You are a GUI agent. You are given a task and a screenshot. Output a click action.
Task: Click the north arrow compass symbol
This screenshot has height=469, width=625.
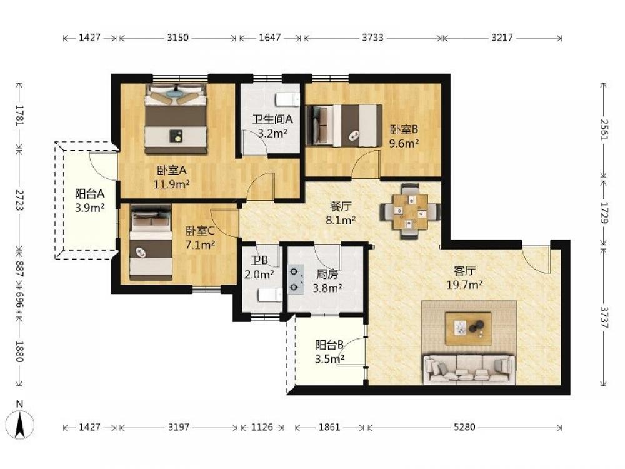click(20, 423)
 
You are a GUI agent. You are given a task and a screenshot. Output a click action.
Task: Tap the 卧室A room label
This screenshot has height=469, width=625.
click(172, 171)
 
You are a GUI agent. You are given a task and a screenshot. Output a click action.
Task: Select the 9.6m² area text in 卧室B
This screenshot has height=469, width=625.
click(404, 143)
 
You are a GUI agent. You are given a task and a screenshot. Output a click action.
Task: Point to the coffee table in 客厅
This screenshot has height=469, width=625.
click(468, 328)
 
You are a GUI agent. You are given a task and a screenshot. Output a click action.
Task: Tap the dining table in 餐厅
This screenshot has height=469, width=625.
click(410, 211)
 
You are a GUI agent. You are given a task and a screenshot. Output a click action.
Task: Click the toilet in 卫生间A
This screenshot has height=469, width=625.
click(287, 99)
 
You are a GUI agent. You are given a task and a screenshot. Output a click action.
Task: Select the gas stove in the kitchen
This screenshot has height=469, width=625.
click(296, 279)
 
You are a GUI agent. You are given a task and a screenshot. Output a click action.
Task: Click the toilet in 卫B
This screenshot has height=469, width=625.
click(270, 295)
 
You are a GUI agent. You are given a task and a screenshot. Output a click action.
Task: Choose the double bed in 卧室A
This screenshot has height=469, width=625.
click(176, 118)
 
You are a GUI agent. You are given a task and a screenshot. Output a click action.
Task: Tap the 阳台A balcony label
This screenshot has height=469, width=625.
click(89, 194)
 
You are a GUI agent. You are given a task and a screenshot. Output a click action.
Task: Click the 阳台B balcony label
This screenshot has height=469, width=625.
click(329, 345)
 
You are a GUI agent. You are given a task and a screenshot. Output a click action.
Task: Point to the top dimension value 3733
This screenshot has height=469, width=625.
click(372, 38)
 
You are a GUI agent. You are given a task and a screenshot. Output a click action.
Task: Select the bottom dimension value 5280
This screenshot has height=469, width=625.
click(464, 427)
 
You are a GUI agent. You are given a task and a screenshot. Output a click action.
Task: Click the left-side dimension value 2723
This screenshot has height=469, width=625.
click(19, 200)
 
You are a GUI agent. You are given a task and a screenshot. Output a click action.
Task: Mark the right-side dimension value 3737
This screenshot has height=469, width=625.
click(604, 317)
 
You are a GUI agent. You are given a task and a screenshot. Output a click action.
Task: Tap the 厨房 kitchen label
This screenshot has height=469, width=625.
click(327, 274)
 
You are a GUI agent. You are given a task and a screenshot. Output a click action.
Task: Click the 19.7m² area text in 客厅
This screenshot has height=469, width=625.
click(465, 285)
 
